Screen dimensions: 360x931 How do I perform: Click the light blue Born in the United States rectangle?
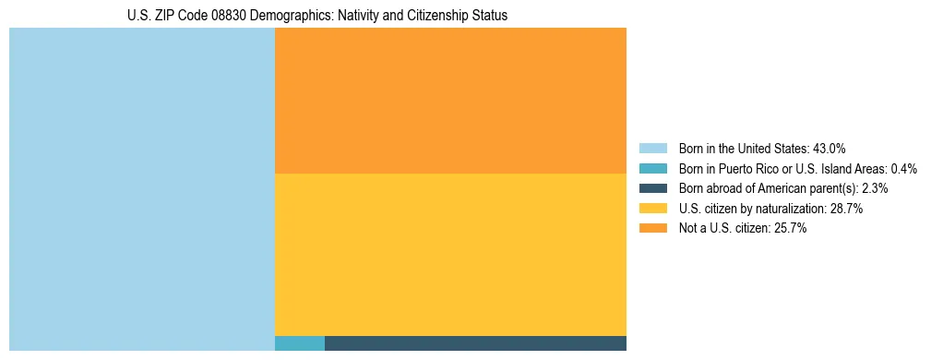(142, 189)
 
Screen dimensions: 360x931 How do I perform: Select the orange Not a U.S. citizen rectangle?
(450, 101)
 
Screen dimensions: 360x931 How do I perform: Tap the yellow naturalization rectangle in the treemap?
(450, 255)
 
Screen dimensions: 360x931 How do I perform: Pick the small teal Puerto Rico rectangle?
(300, 343)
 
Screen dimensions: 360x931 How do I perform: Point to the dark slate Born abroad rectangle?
(475, 343)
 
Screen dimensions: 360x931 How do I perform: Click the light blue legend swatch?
(653, 149)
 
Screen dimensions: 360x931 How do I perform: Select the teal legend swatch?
(653, 169)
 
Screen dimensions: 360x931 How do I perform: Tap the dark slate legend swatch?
(653, 188)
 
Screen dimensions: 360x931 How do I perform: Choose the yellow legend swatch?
(653, 209)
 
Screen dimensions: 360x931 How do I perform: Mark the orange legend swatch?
(653, 229)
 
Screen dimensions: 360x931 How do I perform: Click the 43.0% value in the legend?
(829, 149)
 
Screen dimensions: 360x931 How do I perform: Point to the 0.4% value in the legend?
(904, 169)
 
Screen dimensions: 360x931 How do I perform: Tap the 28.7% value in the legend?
(846, 209)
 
